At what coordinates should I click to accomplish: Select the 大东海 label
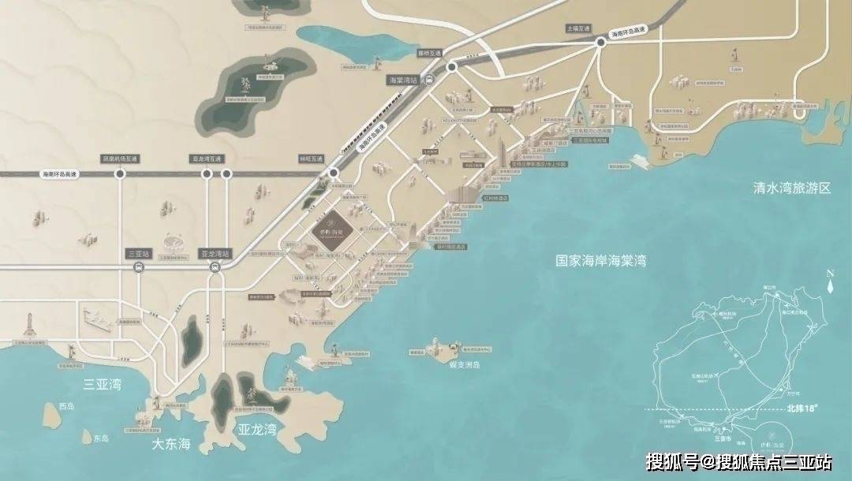pyautogui.click(x=172, y=444)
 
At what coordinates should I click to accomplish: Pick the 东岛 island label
pyautogui.click(x=100, y=438)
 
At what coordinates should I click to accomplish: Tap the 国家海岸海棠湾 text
pyautogui.click(x=600, y=259)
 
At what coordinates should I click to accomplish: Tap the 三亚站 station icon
pyautogui.click(x=138, y=268)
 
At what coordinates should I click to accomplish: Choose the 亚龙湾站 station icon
pyautogui.click(x=215, y=268)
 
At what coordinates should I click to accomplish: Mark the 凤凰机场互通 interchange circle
pyautogui.click(x=120, y=173)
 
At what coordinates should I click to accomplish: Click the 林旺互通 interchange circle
pyautogui.click(x=334, y=172)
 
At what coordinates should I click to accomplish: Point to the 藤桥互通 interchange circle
pyautogui.click(x=452, y=69)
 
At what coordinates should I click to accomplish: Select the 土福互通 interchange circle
pyautogui.click(x=600, y=44)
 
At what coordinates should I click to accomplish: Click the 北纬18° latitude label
pyautogui.click(x=809, y=409)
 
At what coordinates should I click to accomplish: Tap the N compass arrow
pyautogui.click(x=830, y=284)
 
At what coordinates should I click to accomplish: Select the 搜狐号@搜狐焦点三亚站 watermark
pyautogui.click(x=738, y=461)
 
